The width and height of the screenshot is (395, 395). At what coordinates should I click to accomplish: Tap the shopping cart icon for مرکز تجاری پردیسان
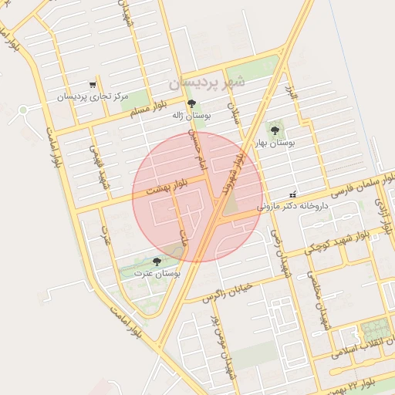tap(93, 85)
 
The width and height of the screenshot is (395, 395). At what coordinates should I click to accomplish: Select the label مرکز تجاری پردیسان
tap(92, 97)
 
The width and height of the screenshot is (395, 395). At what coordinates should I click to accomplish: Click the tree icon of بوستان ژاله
tap(191, 103)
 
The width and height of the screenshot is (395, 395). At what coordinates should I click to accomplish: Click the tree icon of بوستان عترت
tap(158, 262)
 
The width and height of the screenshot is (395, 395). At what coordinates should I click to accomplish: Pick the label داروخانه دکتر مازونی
tap(292, 207)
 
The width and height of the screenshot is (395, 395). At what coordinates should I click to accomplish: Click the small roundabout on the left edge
tap(22, 110)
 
